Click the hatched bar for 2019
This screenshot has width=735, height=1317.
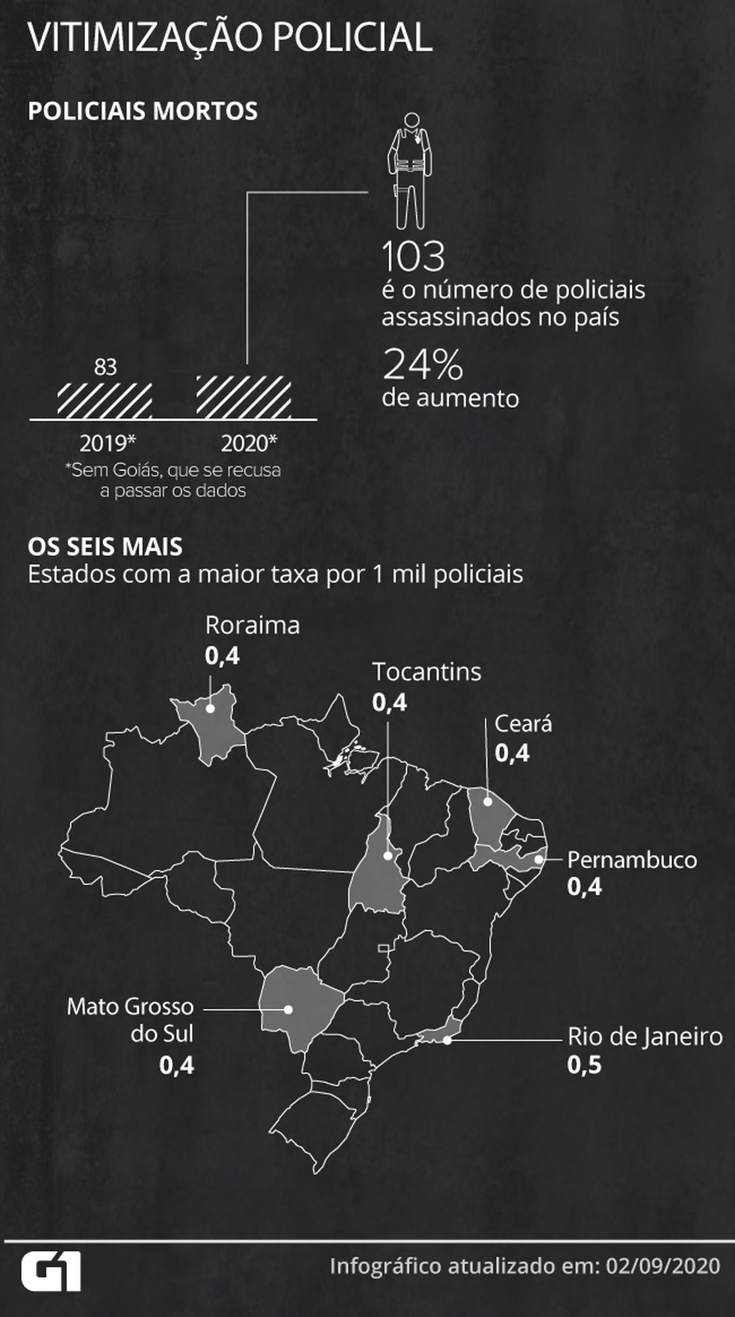pos(105,401)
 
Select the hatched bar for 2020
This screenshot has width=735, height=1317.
pos(244,397)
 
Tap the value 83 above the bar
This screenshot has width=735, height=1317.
pos(105,367)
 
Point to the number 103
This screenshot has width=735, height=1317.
pos(413,256)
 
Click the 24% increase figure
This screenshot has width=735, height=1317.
pos(423,365)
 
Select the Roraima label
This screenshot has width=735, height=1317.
pos(252,625)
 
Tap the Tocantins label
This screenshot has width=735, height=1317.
pos(427,671)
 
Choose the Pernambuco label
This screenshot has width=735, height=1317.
pos(632,860)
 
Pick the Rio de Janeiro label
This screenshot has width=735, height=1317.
pos(645,1036)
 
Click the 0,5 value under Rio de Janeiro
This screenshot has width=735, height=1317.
pos(584,1064)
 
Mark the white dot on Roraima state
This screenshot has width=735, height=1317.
pos(211,707)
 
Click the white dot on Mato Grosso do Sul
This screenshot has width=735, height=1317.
pos(288,1009)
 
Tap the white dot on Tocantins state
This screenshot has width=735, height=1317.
pos(388,856)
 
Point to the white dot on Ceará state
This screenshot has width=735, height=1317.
pos(487,801)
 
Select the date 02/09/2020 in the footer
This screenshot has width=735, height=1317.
pos(663,1265)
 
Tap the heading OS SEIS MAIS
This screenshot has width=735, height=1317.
pos(105,546)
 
